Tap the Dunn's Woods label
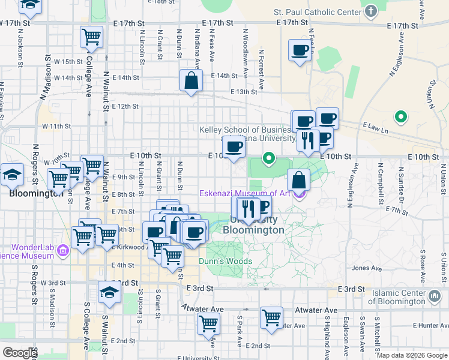coord(226,261)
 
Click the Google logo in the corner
coord(19,353)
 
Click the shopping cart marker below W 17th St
coord(91,37)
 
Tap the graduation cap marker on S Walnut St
coord(109,292)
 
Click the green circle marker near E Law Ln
coord(400,116)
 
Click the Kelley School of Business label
coord(254,130)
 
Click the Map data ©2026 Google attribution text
coord(412,355)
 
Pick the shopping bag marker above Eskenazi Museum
coord(298,179)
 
